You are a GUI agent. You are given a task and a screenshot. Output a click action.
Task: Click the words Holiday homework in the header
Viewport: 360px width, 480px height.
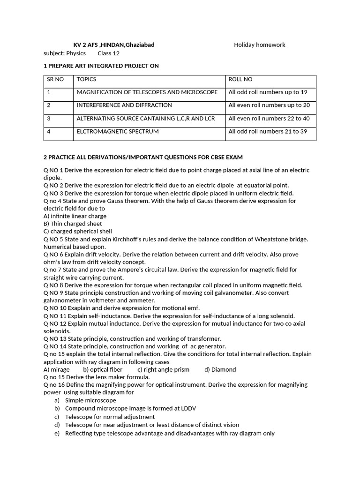[x=259, y=45]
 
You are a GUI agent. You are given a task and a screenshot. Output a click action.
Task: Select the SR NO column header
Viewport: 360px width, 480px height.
[x=55, y=80]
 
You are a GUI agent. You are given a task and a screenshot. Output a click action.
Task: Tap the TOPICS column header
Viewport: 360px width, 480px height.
[x=86, y=80]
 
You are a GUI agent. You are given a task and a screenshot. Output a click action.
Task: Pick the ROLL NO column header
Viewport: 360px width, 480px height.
[x=240, y=80]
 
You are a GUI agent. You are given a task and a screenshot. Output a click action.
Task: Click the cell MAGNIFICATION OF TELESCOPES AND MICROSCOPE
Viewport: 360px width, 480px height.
[x=147, y=92]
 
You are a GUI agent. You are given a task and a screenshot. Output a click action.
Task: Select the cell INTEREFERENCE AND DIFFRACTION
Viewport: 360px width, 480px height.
[x=124, y=105]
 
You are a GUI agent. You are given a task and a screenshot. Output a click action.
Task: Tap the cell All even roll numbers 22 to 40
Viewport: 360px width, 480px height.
[x=269, y=119]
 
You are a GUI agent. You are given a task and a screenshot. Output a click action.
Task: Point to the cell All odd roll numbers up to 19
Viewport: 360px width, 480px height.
[x=268, y=92]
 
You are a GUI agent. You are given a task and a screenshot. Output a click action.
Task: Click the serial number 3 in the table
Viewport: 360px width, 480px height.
[x=49, y=119]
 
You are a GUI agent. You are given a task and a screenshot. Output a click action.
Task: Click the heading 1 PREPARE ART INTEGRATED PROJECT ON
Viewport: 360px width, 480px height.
[x=101, y=66]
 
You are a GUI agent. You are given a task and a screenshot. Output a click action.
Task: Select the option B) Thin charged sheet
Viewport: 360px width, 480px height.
[x=73, y=224]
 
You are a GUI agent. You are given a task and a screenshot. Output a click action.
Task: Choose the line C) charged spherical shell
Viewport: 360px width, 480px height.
[x=77, y=231]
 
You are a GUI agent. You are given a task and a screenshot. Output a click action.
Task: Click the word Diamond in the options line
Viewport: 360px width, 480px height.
[x=224, y=369]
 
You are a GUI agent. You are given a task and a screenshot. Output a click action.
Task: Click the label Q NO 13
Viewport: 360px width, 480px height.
[x=55, y=338]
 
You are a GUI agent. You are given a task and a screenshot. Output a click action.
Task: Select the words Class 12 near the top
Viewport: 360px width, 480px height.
[x=108, y=53]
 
